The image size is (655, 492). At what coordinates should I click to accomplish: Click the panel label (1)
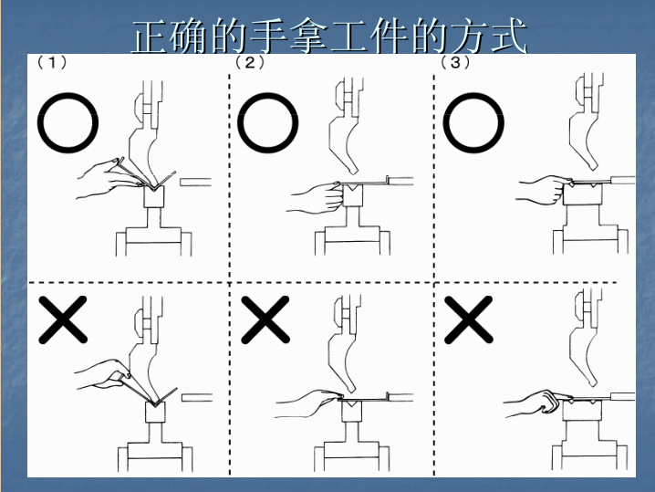pos(52,63)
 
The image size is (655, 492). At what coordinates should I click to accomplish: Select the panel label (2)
pos(249,63)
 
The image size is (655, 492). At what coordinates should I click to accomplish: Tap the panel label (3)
pos(455,63)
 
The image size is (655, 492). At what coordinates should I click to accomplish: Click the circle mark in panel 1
pos(68,124)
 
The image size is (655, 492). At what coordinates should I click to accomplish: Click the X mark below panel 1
pos(63,320)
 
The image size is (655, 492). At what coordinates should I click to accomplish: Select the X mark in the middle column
pos(265,320)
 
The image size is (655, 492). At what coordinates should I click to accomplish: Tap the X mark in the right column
pos(467,320)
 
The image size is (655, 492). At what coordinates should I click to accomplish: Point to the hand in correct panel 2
pos(315,194)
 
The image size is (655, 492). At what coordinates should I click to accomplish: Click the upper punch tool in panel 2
pos(346,137)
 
